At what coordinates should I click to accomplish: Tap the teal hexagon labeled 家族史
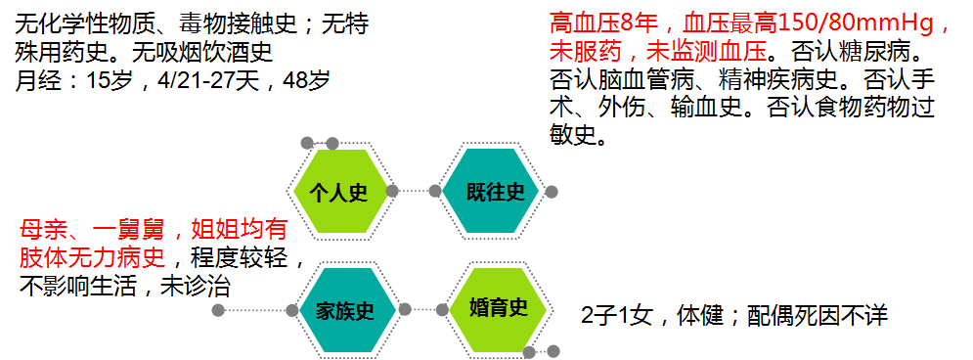click(345, 311)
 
